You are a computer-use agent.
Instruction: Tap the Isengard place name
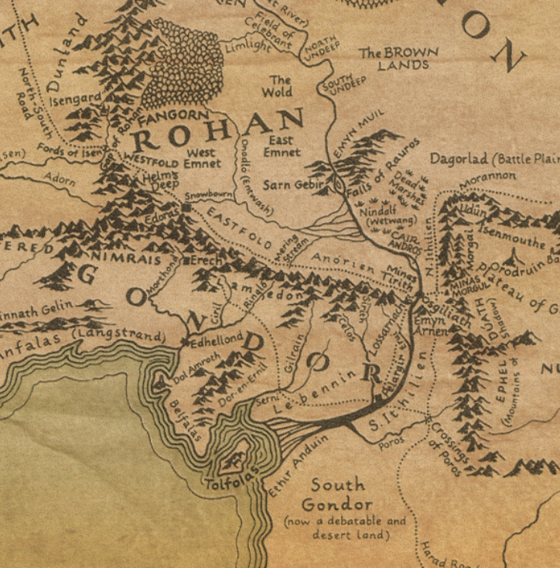click(x=74, y=99)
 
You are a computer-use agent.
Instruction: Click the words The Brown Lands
click(x=398, y=59)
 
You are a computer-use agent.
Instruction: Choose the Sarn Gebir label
click(x=287, y=186)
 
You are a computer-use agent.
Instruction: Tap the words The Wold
click(x=280, y=86)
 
